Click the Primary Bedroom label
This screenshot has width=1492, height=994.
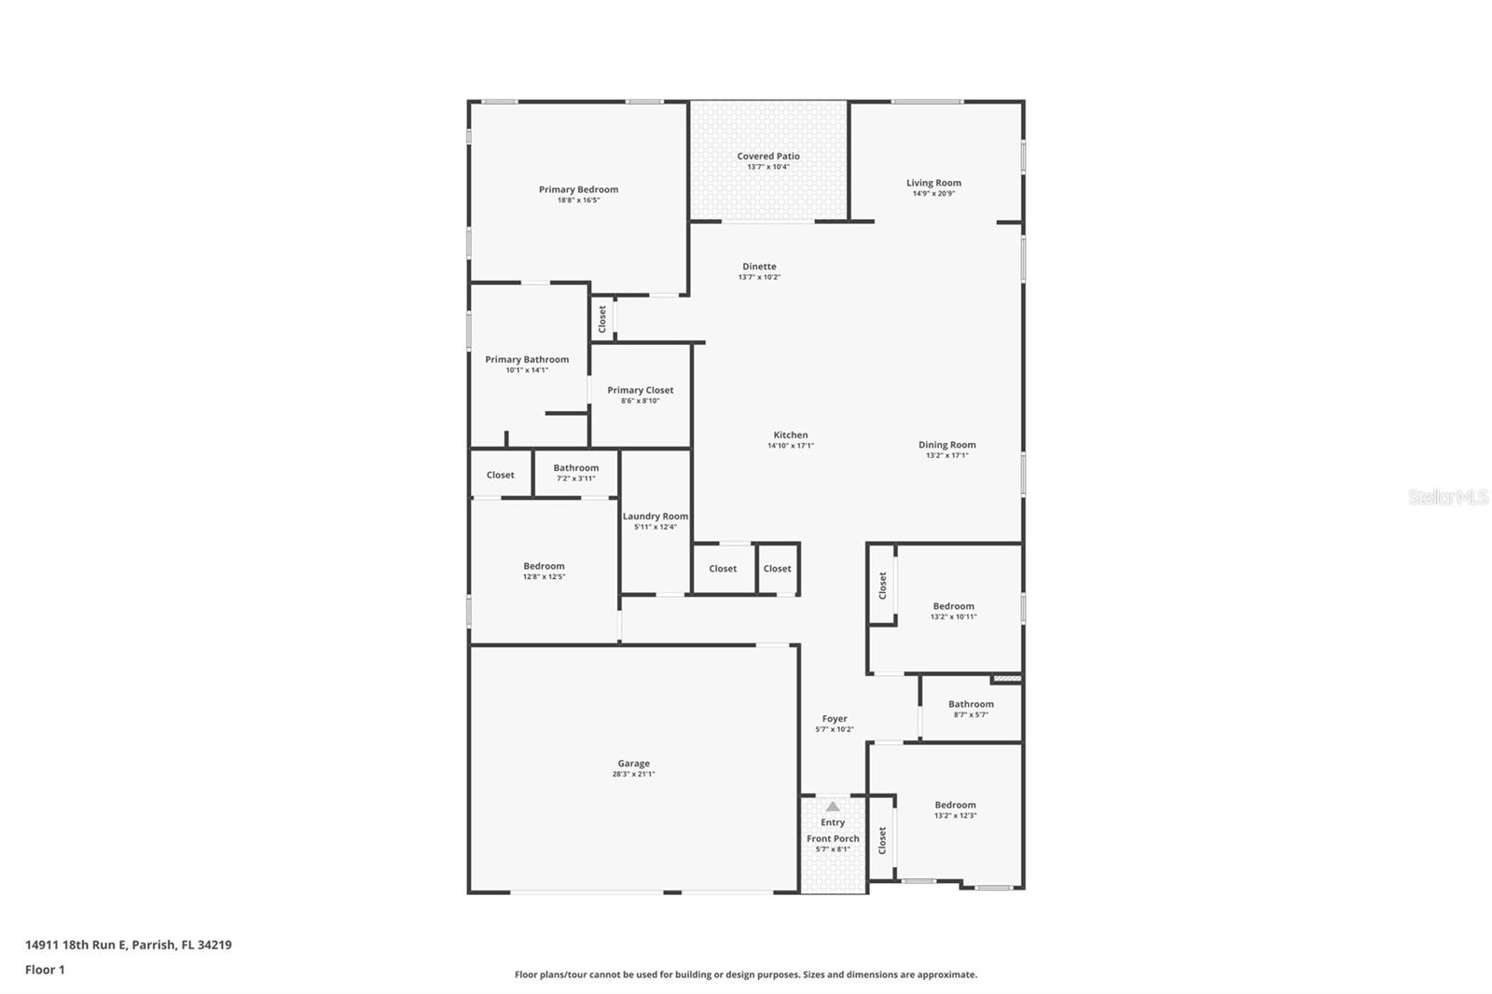point(578,189)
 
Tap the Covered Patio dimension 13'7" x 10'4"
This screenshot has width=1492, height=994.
point(767,167)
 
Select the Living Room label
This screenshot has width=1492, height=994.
point(933,183)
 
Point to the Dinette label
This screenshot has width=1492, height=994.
point(759,267)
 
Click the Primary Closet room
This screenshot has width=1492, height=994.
point(640,395)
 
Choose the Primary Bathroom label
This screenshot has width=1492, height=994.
point(527,359)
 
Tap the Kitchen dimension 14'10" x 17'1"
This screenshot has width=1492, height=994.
point(790,446)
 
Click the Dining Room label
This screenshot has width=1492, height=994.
point(946,445)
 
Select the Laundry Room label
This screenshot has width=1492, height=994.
point(656,516)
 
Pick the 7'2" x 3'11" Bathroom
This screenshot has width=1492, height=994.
point(575,473)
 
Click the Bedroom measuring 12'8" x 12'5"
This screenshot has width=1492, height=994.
point(544,571)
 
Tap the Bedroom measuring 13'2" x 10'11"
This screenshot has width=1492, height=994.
point(953,611)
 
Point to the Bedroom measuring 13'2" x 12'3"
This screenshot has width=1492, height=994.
point(955,809)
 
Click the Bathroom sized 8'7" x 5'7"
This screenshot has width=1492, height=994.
point(971,709)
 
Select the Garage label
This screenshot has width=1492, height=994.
point(633,763)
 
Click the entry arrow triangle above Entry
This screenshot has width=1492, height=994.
point(833,807)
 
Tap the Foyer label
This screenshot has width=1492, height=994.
point(835,719)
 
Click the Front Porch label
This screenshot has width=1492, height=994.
point(833,838)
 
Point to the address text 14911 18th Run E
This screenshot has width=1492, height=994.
point(128,945)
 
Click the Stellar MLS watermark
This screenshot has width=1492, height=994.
point(1447,497)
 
